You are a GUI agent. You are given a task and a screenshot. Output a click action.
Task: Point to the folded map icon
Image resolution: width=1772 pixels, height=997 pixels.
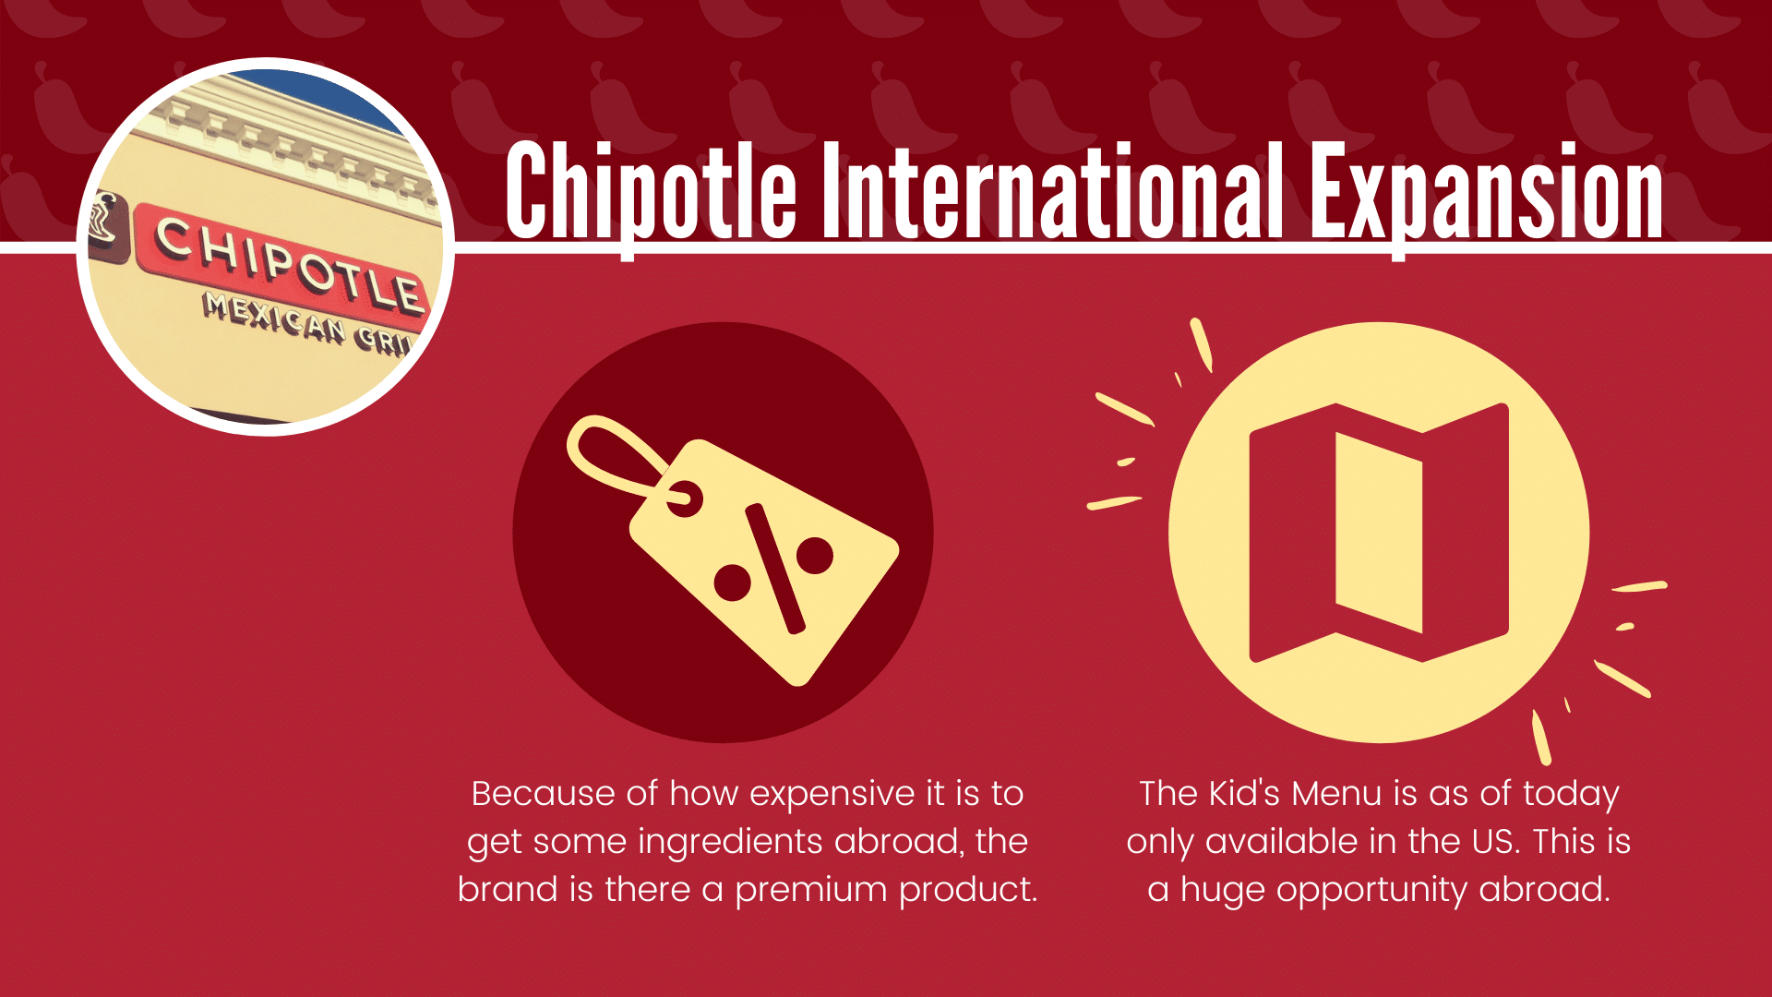pyautogui.click(x=1379, y=533)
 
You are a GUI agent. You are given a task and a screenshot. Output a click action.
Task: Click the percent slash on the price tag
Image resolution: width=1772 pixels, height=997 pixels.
pyautogui.click(x=774, y=569)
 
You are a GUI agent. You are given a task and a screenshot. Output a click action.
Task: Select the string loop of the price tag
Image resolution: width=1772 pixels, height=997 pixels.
pyautogui.click(x=617, y=457)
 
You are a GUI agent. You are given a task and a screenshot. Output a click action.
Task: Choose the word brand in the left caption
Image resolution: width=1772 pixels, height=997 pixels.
pyautogui.click(x=508, y=890)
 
